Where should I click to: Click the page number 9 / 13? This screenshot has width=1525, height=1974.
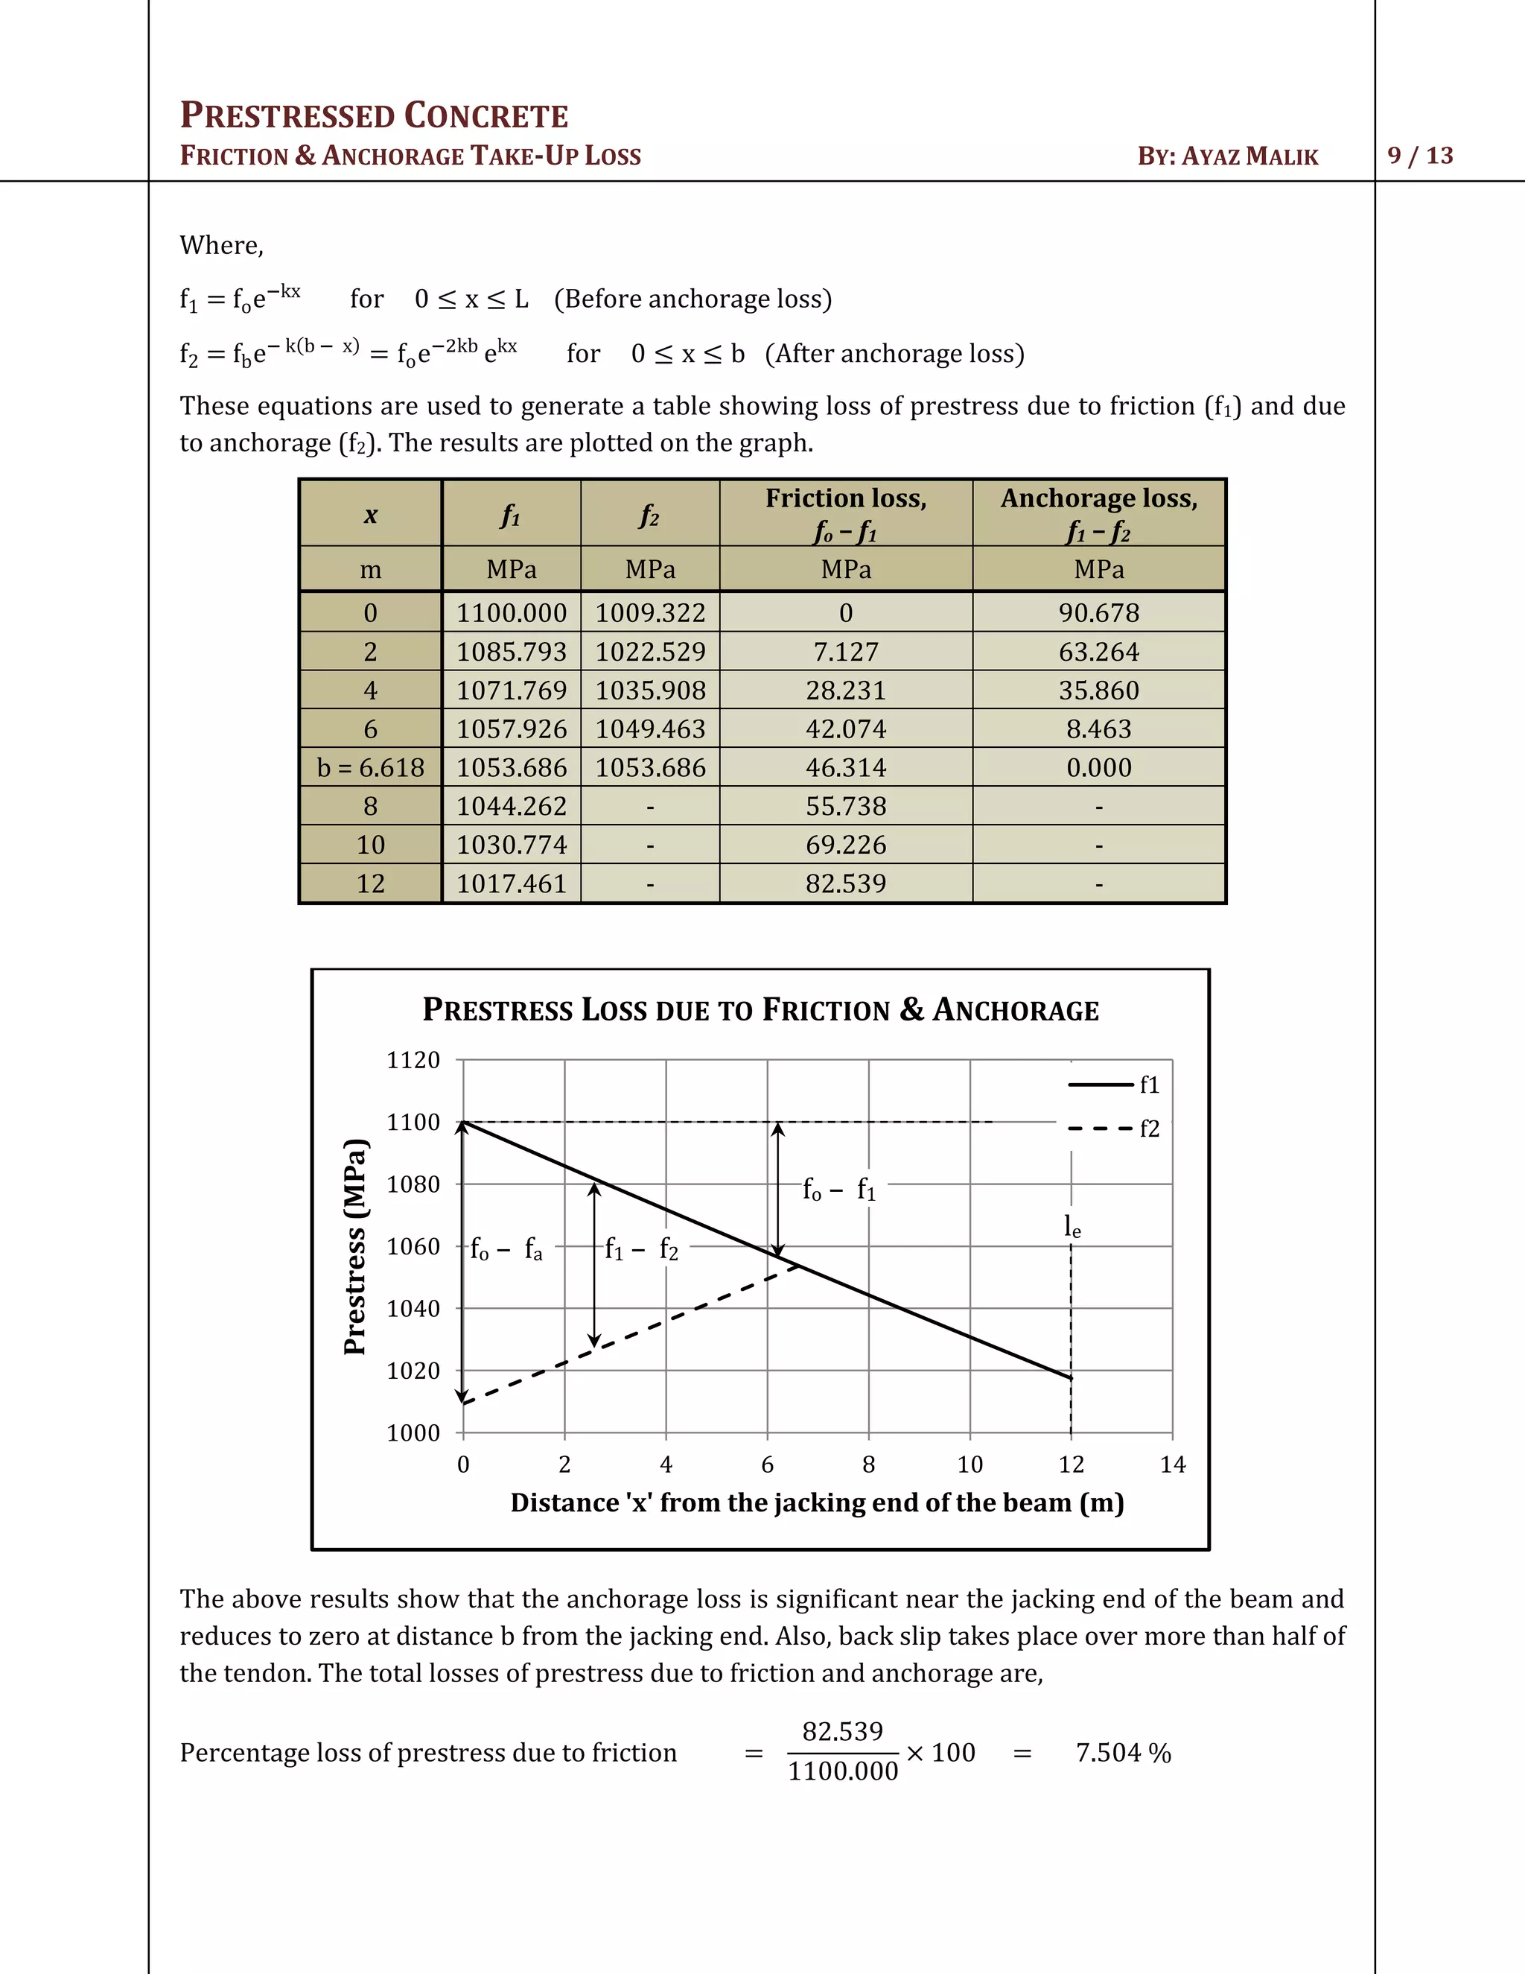1419,156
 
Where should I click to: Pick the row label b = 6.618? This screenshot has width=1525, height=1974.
370,767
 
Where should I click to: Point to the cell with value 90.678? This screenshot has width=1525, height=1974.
1098,613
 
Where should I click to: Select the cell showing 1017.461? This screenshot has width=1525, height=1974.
512,883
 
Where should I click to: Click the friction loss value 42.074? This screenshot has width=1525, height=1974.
846,729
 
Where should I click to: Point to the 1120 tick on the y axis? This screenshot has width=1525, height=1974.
413,1060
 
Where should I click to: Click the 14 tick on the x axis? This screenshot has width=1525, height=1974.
1172,1464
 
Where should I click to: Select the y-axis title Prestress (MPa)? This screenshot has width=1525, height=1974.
355,1247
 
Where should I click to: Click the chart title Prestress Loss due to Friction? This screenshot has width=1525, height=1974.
761,1009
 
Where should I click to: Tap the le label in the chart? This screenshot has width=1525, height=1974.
1072,1227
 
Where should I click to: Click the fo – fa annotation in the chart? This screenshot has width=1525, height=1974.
507,1250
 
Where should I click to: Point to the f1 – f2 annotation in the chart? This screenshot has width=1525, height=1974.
641,1250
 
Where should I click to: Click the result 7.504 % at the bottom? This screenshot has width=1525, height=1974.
1123,1753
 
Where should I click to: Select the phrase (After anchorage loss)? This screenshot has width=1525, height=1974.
894,353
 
